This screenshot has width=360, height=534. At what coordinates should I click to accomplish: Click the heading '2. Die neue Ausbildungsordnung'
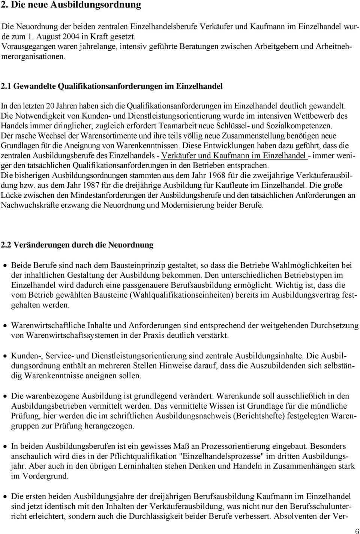(x=71, y=5)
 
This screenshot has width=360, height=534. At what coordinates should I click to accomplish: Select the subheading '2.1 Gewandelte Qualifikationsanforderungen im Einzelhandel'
(x=112, y=86)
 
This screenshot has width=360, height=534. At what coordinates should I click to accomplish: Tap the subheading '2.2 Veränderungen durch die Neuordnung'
(x=77, y=245)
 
